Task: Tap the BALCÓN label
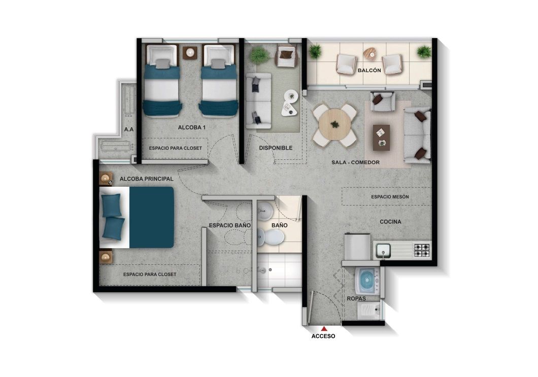tap(369, 71)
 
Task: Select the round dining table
tap(334, 124)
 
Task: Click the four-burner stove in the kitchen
tap(421, 250)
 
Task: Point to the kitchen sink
tap(383, 250)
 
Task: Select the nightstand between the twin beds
tap(191, 52)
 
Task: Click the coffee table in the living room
tap(381, 138)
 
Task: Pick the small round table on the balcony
tap(369, 52)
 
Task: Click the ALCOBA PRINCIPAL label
tap(147, 179)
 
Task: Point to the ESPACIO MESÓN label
tap(390, 196)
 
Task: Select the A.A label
tap(129, 130)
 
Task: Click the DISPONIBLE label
tap(276, 148)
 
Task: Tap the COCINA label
tap(390, 222)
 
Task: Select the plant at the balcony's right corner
tap(423, 51)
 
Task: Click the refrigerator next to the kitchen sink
tap(356, 247)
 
